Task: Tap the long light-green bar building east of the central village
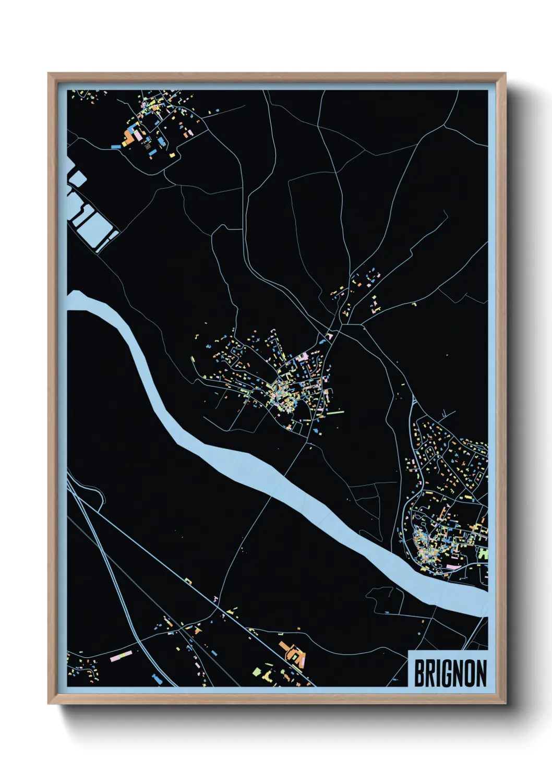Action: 336,413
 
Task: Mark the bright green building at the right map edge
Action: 484,553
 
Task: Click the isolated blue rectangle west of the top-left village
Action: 115,147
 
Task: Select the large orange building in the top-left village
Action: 128,137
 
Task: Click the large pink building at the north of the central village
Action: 303,357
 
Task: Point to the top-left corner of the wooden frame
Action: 49,74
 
